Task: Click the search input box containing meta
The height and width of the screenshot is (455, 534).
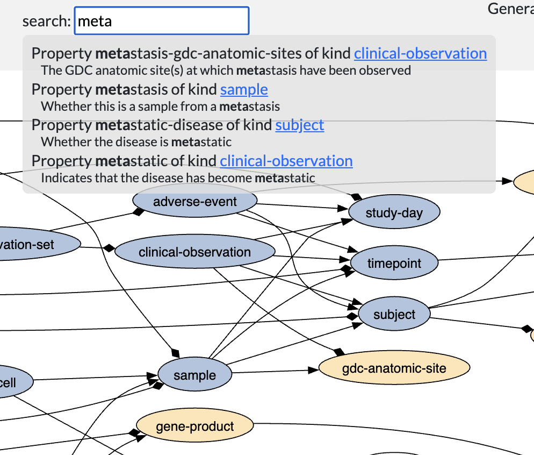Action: (x=161, y=21)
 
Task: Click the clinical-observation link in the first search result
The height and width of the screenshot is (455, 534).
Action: (x=420, y=53)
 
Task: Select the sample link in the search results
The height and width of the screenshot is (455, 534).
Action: (x=244, y=89)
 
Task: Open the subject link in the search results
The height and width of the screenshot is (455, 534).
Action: (x=300, y=125)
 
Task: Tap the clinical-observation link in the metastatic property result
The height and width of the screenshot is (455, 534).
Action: (x=286, y=161)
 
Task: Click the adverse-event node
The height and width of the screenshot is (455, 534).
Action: (x=194, y=202)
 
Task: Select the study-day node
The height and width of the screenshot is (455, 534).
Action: (x=394, y=213)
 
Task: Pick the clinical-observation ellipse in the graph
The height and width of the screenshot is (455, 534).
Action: (x=194, y=252)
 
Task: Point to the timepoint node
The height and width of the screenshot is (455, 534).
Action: (x=394, y=264)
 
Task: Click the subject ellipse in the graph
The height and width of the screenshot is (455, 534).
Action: (x=394, y=315)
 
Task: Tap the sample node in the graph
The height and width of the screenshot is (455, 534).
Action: (x=194, y=375)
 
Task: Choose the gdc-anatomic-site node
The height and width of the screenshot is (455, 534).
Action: (x=394, y=368)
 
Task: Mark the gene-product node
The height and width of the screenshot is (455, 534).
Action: (x=194, y=427)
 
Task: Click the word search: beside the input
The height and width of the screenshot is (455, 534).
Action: (x=46, y=22)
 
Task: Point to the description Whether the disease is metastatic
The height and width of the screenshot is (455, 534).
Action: (x=136, y=142)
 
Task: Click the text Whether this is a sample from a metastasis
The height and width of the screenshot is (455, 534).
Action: (x=160, y=106)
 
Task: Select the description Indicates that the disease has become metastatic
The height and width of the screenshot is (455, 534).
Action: (x=178, y=177)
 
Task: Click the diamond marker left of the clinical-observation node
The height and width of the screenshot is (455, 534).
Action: (x=110, y=248)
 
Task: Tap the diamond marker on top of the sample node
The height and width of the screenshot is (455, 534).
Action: (x=175, y=353)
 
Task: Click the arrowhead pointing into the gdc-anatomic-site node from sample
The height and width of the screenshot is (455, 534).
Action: (x=313, y=370)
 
